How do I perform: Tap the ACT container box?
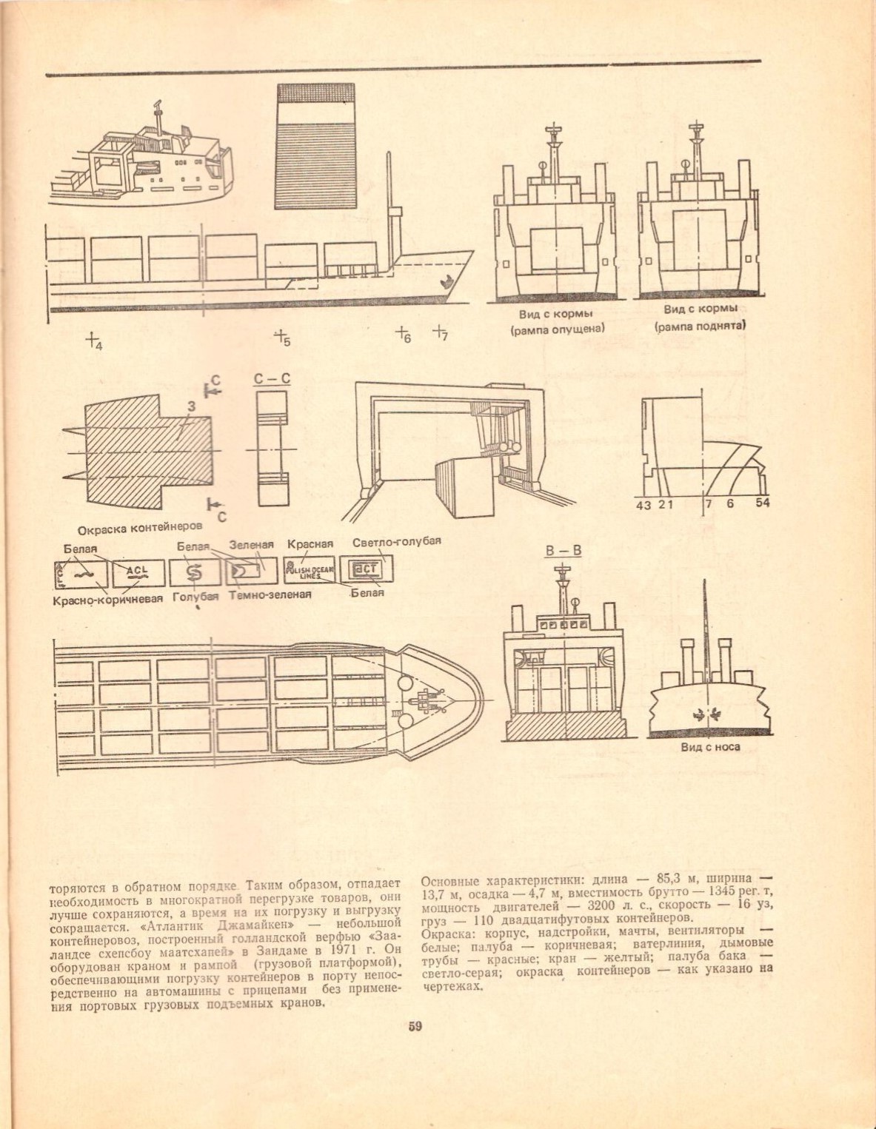tap(366, 569)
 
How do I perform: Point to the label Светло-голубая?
tap(396, 541)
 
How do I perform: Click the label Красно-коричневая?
tap(107, 598)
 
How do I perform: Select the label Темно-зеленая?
tap(270, 594)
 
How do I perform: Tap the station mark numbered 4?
tap(93, 341)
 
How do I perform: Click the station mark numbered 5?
tap(281, 337)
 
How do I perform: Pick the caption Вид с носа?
tap(709, 747)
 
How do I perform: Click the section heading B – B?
tap(563, 551)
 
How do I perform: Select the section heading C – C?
tap(272, 379)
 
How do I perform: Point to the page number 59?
tap(415, 1026)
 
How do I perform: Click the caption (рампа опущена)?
tap(557, 329)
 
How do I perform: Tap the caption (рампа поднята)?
tap(700, 326)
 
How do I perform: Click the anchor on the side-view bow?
tap(447, 281)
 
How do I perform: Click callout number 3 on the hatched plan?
tap(191, 406)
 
